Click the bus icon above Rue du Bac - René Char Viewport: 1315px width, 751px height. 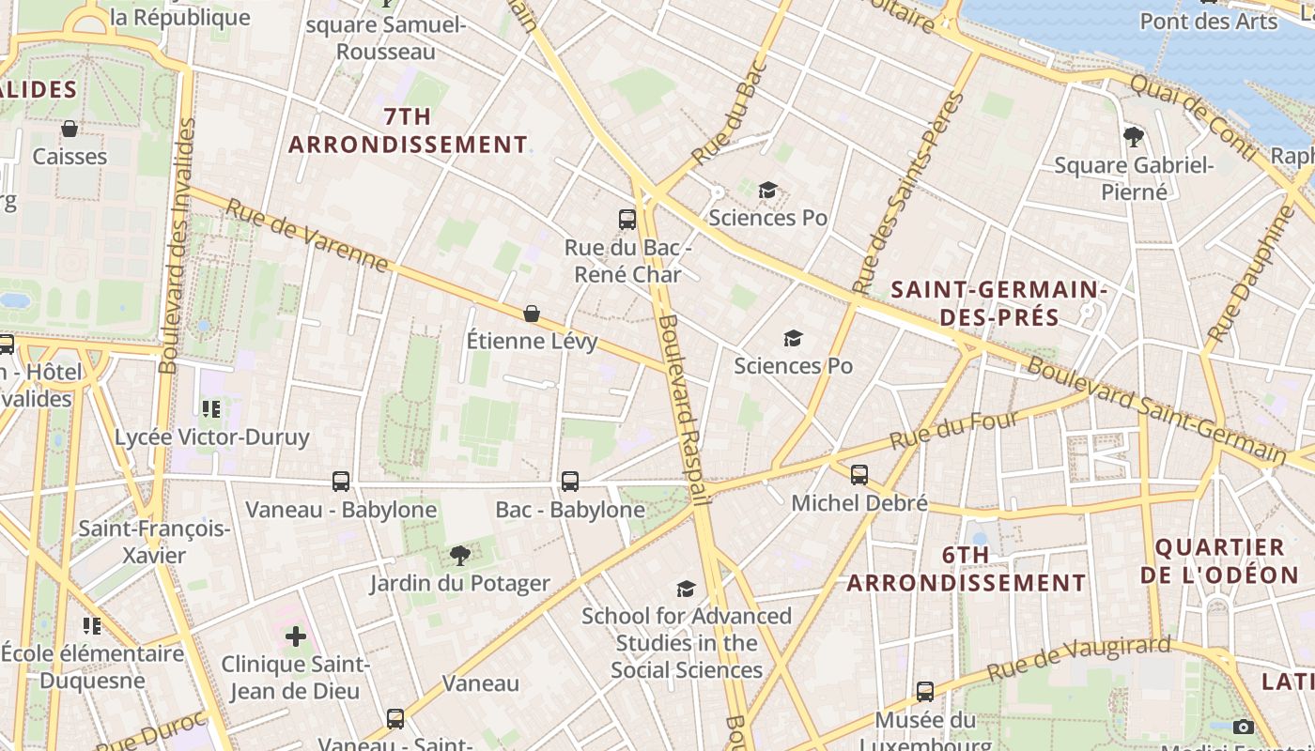click(627, 220)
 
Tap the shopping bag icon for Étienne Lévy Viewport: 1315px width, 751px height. click(532, 313)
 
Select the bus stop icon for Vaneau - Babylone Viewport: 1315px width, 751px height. click(341, 482)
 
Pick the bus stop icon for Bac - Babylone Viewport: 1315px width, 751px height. click(570, 482)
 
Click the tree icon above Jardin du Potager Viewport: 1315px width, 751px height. click(459, 556)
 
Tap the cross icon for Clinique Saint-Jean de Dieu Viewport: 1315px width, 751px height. click(296, 636)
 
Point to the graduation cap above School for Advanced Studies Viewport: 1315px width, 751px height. click(687, 589)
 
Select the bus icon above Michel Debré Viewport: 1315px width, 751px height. click(859, 475)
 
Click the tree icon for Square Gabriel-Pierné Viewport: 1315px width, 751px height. click(1134, 137)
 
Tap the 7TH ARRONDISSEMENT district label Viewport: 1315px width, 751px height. click(408, 130)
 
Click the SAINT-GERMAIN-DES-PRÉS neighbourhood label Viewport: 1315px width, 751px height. click(999, 303)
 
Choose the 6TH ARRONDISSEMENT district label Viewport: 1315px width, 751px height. click(967, 569)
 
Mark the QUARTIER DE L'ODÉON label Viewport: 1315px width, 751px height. click(1220, 560)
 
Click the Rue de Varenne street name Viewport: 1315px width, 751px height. click(307, 236)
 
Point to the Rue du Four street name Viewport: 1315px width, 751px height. click(954, 430)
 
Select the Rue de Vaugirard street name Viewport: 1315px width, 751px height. click(1079, 659)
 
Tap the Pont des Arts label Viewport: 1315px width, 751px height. click(1209, 21)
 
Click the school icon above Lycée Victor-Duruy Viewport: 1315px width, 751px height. click(211, 408)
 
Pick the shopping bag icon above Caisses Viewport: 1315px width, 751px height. click(70, 129)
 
